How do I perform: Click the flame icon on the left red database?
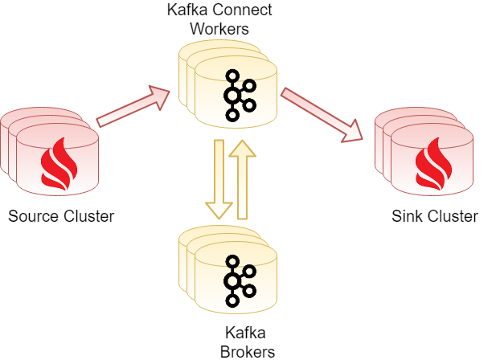pyautogui.click(x=59, y=163)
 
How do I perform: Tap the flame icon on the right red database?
pyautogui.click(x=432, y=163)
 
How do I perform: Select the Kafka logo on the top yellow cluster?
pyautogui.click(x=237, y=96)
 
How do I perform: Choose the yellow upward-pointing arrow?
pyautogui.click(x=242, y=180)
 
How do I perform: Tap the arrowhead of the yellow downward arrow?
pyautogui.click(x=219, y=211)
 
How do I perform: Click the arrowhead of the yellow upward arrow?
pyautogui.click(x=242, y=149)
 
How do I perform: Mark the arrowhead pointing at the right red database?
pyautogui.click(x=352, y=131)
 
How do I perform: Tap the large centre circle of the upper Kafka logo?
pyautogui.click(x=232, y=96)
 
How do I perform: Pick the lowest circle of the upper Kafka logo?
pyautogui.click(x=232, y=115)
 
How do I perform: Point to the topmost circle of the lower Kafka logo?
pyautogui.click(x=232, y=262)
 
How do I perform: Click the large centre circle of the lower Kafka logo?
pyautogui.click(x=232, y=281)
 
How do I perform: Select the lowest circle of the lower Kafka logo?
pyautogui.click(x=232, y=301)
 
